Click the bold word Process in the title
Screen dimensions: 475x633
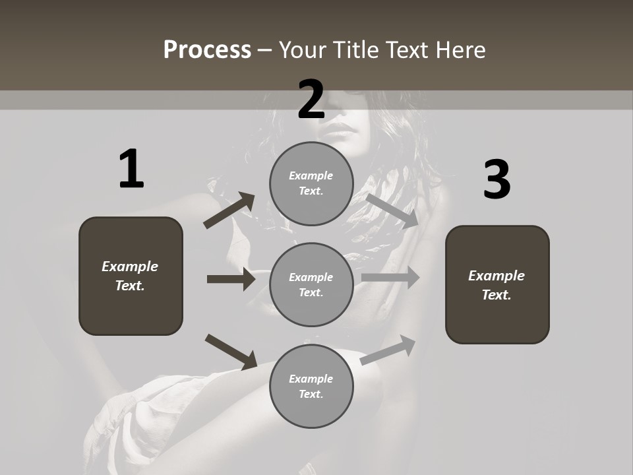[x=207, y=50]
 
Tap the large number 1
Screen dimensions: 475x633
[x=131, y=170]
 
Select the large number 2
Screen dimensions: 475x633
[x=311, y=100]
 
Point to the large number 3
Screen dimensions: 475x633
[x=497, y=180]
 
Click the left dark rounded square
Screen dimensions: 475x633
[x=131, y=276]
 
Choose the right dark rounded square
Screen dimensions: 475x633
[x=497, y=284]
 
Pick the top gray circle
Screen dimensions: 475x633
[x=311, y=183]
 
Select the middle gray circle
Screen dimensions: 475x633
[x=311, y=284]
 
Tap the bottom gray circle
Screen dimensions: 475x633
[x=311, y=386]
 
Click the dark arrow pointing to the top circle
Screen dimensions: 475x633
[x=229, y=210]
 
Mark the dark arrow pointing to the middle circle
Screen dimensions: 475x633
[x=231, y=279]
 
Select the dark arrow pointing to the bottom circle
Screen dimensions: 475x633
[x=231, y=352]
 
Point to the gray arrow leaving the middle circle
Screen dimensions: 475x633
[x=390, y=278]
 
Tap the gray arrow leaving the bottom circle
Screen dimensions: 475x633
[x=388, y=350]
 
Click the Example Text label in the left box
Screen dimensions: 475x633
[x=130, y=276]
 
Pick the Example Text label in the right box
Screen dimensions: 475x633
[x=497, y=285]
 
